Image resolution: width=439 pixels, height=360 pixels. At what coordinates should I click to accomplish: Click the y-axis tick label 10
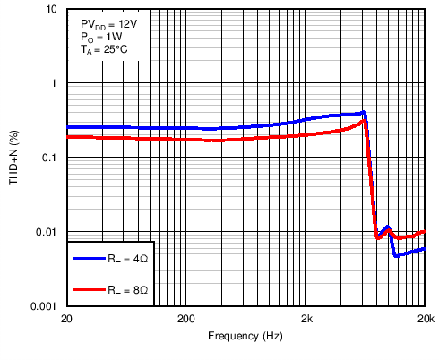[x=52, y=10]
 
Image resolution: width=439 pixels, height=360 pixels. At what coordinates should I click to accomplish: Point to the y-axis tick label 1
[x=55, y=83]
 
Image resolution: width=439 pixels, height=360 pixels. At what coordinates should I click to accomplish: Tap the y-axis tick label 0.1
[x=50, y=158]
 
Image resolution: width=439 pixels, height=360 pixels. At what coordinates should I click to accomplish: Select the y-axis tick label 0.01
[x=47, y=232]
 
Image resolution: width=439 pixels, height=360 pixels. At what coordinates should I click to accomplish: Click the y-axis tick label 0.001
[x=45, y=306]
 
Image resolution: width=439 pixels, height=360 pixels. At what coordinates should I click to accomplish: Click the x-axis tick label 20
[x=66, y=319]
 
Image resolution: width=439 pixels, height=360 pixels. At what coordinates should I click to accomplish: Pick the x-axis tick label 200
[x=186, y=319]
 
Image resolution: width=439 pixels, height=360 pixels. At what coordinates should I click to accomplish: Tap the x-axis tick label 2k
[x=306, y=319]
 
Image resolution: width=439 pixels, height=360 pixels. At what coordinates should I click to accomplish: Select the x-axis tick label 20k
[x=426, y=319]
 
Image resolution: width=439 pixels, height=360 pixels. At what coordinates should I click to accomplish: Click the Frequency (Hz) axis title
[x=245, y=336]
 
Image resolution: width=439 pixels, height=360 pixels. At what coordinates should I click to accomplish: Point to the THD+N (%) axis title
[x=14, y=158]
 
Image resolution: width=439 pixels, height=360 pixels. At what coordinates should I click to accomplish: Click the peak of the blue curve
[x=364, y=113]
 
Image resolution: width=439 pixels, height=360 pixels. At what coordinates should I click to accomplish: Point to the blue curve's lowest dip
[x=395, y=256]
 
